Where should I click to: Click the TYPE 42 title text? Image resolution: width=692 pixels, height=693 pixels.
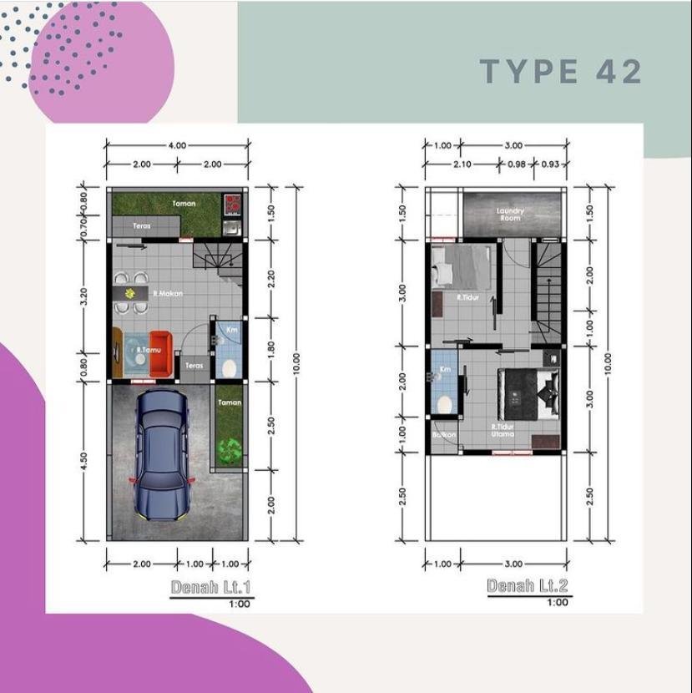(561, 72)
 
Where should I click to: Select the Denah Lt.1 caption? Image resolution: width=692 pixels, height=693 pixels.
(210, 587)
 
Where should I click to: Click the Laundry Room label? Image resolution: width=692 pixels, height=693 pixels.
(509, 214)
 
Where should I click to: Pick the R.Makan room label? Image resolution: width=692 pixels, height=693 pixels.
(167, 294)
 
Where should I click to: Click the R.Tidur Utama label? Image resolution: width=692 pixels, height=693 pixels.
(503, 431)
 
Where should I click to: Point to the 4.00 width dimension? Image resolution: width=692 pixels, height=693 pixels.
(177, 145)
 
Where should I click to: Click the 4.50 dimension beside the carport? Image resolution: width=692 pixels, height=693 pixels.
(84, 462)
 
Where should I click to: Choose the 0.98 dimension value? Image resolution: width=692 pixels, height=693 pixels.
(517, 164)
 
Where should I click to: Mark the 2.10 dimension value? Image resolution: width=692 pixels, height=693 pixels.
(462, 164)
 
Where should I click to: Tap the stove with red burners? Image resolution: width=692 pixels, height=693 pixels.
(231, 203)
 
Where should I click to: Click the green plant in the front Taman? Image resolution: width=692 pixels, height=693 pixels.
(228, 448)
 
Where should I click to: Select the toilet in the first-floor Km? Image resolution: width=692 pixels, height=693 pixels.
(228, 365)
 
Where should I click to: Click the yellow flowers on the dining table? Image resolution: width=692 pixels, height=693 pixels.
(129, 294)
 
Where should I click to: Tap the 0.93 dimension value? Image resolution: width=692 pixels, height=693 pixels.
(550, 164)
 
